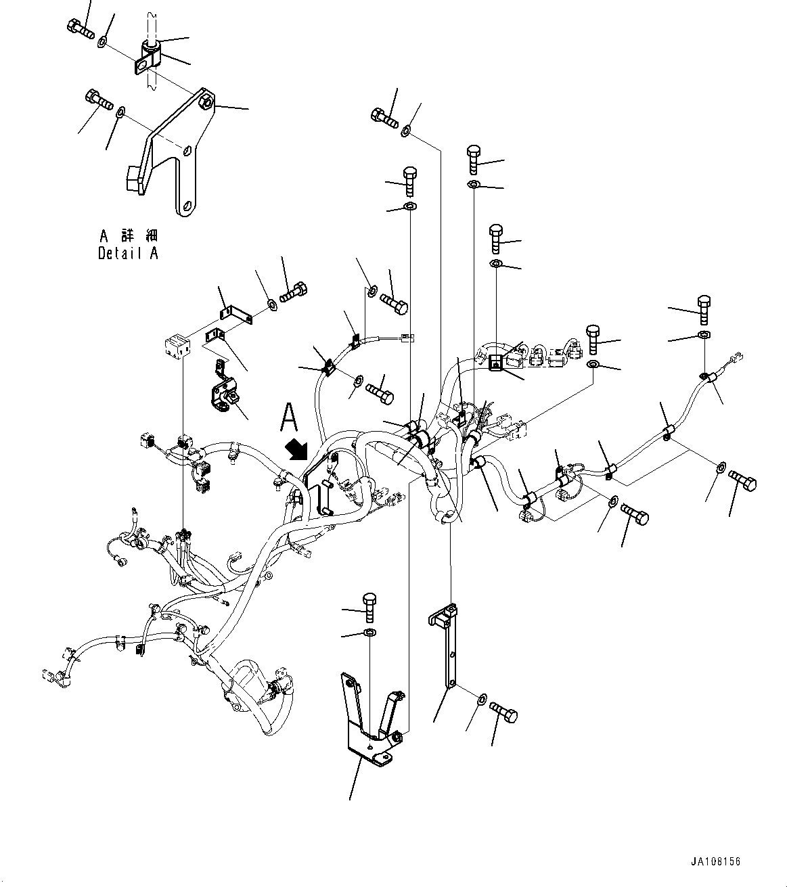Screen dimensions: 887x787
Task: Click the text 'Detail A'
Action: click(128, 254)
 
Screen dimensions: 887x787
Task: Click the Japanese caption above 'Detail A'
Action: click(129, 235)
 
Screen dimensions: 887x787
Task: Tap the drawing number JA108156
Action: click(716, 861)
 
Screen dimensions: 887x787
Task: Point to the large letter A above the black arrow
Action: click(290, 417)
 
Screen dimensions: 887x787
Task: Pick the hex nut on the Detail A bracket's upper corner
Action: click(205, 103)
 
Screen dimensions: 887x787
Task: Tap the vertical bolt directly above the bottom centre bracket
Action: click(369, 606)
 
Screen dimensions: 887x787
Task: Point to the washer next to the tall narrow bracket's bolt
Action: click(481, 698)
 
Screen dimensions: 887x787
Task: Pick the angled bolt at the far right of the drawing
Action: click(743, 482)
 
